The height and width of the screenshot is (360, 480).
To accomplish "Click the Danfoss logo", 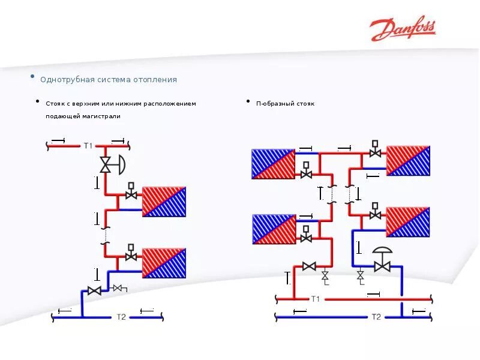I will [x=403, y=29].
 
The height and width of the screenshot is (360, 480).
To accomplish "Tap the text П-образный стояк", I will [x=285, y=104].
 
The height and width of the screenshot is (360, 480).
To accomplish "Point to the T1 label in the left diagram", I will [x=88, y=145].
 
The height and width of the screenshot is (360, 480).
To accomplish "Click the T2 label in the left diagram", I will [x=121, y=317].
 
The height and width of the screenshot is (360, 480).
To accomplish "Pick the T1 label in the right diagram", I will [x=316, y=299].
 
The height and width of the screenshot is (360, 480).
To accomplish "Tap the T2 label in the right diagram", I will [x=376, y=317].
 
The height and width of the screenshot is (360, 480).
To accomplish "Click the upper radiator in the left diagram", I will [x=164, y=202].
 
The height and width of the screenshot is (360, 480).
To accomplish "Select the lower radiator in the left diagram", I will [x=164, y=263].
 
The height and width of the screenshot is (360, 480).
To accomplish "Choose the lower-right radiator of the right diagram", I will [x=408, y=221].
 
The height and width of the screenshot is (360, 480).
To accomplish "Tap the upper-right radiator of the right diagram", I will [x=408, y=160].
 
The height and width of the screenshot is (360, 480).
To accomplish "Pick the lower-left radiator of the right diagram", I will [x=274, y=229].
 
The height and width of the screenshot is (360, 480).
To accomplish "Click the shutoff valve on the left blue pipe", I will [x=94, y=291].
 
